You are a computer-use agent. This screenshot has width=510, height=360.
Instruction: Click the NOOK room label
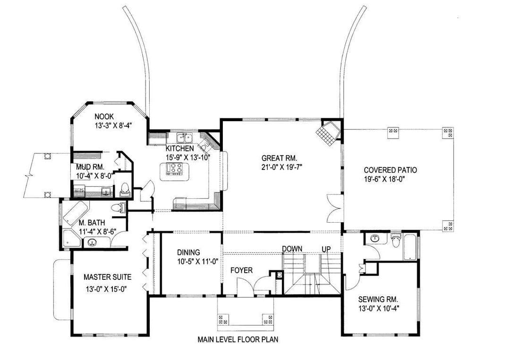point(104,117)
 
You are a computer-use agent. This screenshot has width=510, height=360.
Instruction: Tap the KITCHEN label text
point(179,149)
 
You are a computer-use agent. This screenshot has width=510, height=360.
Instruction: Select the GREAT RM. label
point(280,159)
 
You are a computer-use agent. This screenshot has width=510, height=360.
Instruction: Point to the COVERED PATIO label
point(391,170)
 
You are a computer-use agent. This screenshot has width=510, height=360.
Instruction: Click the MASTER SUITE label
point(107,277)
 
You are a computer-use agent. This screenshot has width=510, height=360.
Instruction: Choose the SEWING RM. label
point(378,300)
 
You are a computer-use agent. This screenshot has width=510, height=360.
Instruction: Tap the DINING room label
point(188,252)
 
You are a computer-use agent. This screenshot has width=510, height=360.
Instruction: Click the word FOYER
point(241,270)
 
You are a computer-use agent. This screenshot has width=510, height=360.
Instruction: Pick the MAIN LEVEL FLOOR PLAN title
point(238,340)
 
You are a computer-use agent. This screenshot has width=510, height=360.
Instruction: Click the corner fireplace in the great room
point(329,133)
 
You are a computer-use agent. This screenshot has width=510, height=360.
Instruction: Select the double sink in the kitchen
point(185,138)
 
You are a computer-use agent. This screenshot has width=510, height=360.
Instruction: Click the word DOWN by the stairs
point(292,249)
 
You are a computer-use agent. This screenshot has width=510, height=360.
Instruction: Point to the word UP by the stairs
point(326,249)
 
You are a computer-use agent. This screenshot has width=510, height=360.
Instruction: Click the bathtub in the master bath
point(76,212)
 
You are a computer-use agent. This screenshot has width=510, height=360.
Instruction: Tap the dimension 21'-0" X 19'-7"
point(280,167)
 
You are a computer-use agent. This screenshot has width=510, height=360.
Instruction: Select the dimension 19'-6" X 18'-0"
point(386,179)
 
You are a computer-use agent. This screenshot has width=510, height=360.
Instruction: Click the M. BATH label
point(92,223)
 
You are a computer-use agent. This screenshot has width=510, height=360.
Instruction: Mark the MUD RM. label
point(90,167)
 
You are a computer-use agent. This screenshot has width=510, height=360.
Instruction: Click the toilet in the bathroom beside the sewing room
point(396,240)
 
